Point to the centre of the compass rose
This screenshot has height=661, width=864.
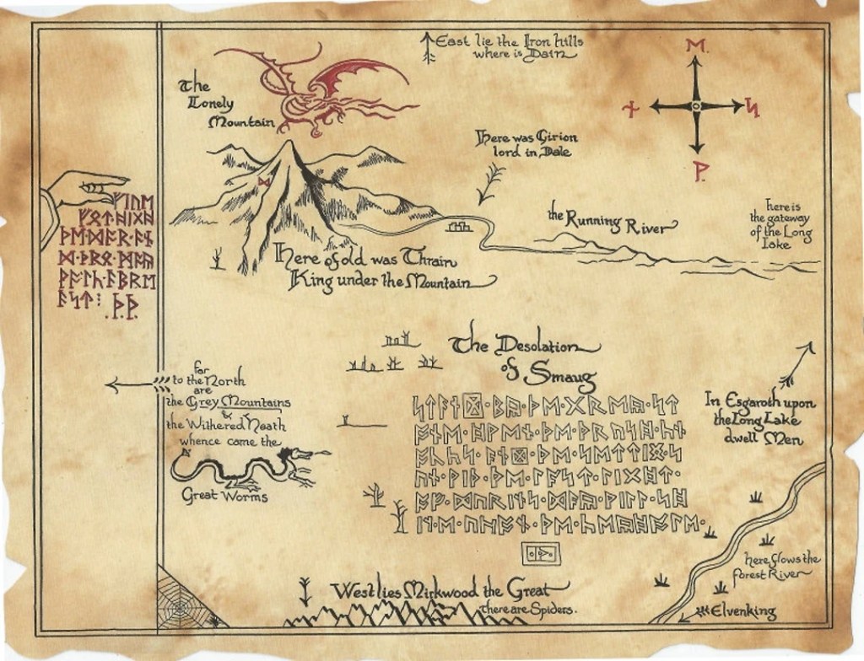[696, 106]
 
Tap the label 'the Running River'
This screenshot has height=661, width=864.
[612, 223]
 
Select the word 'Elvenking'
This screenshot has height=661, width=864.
[744, 611]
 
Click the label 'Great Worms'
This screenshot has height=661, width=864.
[225, 497]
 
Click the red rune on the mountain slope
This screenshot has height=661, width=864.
[264, 182]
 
